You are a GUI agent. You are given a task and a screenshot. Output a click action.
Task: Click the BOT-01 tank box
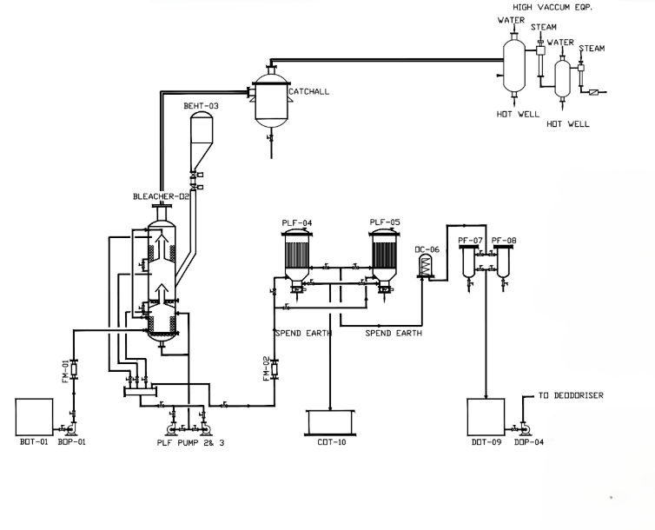click(35, 416)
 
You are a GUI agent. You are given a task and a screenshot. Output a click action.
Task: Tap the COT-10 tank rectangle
click(330, 423)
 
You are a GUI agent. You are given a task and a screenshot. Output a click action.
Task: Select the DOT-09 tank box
click(486, 416)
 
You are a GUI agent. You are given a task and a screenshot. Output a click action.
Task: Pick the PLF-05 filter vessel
click(385, 253)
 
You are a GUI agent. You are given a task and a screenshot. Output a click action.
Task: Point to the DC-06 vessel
click(425, 266)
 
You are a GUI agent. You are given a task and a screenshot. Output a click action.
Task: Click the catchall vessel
click(271, 100)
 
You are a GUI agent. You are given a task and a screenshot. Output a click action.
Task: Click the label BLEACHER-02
click(161, 196)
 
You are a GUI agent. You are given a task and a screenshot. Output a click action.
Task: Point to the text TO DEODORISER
click(570, 396)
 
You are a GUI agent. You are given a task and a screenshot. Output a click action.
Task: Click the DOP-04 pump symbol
click(522, 428)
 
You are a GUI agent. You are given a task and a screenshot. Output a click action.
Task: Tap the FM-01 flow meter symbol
click(73, 369)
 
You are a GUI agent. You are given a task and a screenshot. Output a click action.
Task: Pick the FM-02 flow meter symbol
click(275, 369)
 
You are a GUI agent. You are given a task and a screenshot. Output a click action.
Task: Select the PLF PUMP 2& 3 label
click(189, 443)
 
